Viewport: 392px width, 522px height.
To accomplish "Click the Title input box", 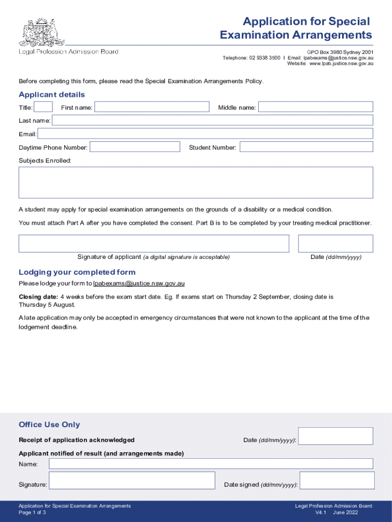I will [x=43, y=107].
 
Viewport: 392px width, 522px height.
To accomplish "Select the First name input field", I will [x=152, y=107].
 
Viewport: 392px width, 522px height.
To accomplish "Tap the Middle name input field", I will [x=316, y=107].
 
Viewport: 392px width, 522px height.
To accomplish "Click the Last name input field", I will [x=212, y=120].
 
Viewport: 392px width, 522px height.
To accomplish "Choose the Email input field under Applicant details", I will [x=205, y=134].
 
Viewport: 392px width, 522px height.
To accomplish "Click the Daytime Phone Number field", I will [x=135, y=147].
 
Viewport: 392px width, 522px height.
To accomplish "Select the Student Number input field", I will [x=306, y=147].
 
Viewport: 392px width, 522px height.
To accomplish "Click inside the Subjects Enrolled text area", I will [x=196, y=182].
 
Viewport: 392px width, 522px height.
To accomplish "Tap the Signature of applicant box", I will [x=154, y=244].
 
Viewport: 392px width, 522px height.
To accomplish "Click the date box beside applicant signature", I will [x=335, y=244].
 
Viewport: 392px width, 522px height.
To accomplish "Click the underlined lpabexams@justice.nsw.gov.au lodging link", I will [x=139, y=283].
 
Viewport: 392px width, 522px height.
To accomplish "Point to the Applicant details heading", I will [x=52, y=95].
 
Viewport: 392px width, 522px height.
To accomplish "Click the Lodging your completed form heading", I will [x=77, y=272].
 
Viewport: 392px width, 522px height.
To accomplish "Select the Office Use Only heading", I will [x=49, y=425].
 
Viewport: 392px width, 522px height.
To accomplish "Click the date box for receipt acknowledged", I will [x=335, y=436].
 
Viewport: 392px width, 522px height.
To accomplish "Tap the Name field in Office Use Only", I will [x=211, y=464].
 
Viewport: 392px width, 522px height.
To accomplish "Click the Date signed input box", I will [x=337, y=480].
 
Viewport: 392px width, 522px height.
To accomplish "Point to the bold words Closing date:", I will [x=38, y=297].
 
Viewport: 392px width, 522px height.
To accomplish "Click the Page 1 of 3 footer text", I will [x=32, y=512].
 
